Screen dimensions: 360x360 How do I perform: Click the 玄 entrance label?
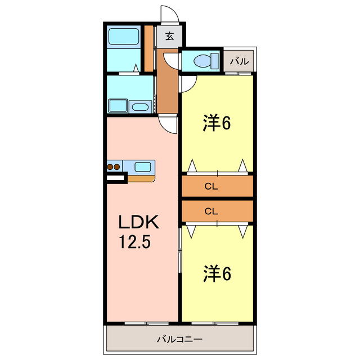pos(170,36)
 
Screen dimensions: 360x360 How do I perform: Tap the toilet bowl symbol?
pos(206,61)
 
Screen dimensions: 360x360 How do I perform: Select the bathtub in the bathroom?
pos(124,36)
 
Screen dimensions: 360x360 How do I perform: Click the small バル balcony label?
pos(240,61)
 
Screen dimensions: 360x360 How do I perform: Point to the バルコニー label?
pos(180,339)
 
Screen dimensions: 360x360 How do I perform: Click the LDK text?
pos(138,222)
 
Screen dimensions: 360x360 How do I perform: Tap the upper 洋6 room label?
pos(217,123)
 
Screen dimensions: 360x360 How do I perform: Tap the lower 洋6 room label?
pos(217,273)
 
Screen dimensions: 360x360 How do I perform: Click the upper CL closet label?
pos(211,186)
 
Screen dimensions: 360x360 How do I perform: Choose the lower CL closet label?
pos(211,211)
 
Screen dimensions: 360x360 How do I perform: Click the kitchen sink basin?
pos(142,167)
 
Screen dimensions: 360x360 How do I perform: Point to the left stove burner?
pos(110,167)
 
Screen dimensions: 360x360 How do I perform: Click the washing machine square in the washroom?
pos(118,106)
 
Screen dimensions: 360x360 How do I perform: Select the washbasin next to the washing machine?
pos(140,107)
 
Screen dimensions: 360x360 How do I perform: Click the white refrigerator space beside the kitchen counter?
pos(115,178)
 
